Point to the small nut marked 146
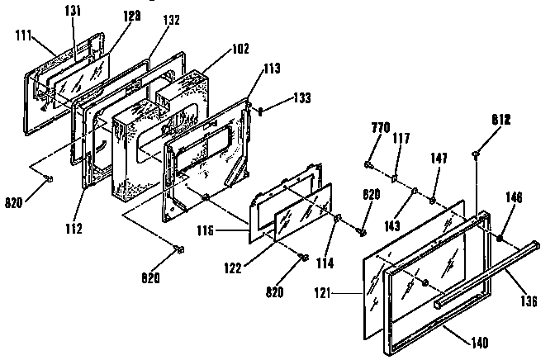click(x=500, y=238)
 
